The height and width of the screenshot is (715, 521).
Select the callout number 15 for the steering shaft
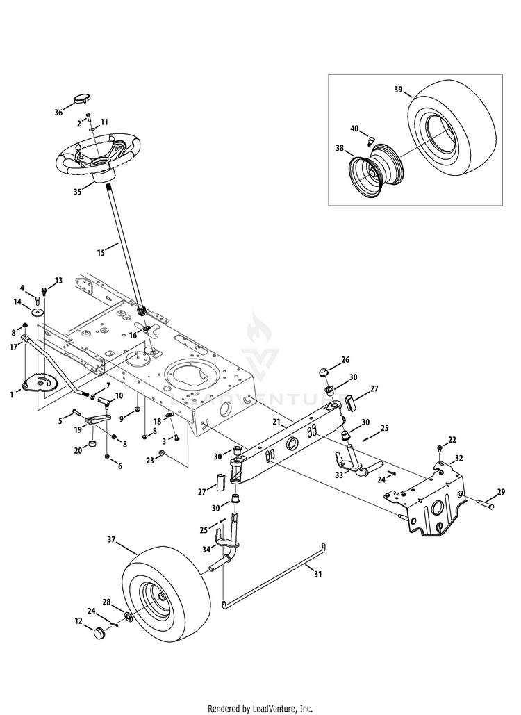(x=101, y=253)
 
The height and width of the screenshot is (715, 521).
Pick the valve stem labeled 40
(x=370, y=140)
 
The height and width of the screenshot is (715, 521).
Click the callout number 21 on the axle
(x=276, y=422)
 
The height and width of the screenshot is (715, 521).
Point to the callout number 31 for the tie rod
(x=319, y=574)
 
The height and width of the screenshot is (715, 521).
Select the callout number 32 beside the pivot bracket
(x=458, y=458)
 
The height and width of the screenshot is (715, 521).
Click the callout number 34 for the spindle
(x=206, y=550)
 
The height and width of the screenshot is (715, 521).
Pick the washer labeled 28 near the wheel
(x=130, y=616)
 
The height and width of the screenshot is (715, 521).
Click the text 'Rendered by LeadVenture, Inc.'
(x=260, y=708)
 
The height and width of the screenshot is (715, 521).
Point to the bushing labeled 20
(x=90, y=444)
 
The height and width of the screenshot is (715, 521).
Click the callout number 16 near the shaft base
(x=133, y=335)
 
